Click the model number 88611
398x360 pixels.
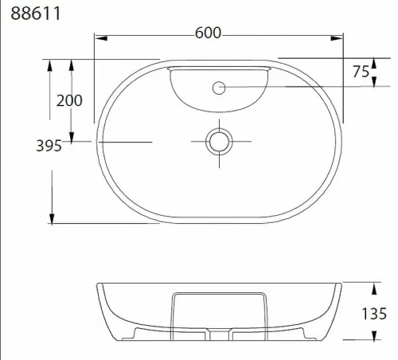[36, 14]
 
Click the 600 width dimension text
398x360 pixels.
[208, 33]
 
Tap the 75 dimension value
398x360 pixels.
[361, 72]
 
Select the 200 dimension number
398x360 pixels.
[69, 100]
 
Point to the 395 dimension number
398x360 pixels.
[49, 146]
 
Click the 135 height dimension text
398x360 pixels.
[374, 314]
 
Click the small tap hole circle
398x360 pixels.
[219, 88]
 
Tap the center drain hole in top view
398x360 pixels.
[219, 142]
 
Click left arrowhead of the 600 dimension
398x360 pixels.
[101, 38]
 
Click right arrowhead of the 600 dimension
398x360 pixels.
[337, 38]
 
